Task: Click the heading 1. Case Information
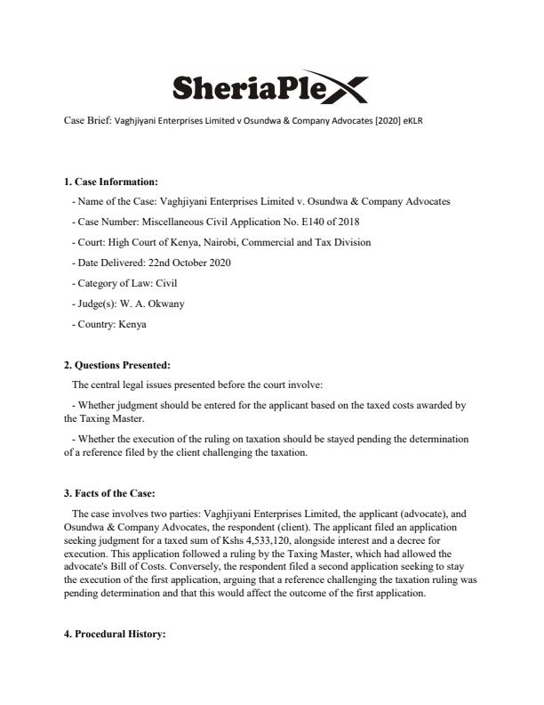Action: pyautogui.click(x=110, y=182)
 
